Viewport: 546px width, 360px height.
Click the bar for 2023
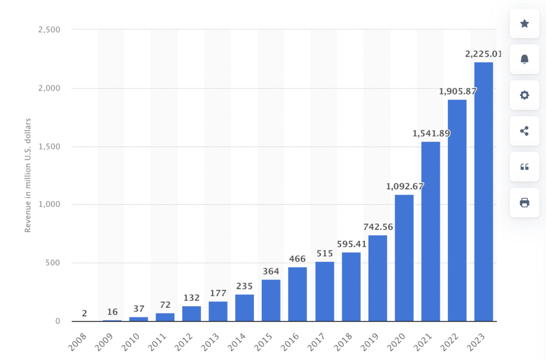(484, 192)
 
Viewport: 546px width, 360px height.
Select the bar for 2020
(404, 258)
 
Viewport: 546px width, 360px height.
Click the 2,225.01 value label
(483, 53)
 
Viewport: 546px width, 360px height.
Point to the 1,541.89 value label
(431, 133)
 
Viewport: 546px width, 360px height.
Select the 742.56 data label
(378, 227)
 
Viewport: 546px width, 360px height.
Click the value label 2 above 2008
(85, 313)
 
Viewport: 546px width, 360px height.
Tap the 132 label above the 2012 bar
(191, 298)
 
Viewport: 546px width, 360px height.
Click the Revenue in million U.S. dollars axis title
(28, 175)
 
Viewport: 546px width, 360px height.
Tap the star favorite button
(524, 23)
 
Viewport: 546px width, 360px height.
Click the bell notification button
(524, 59)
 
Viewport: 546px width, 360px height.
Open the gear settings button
(524, 95)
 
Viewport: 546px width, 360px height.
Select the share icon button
(524, 131)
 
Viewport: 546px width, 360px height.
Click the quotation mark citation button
(524, 166)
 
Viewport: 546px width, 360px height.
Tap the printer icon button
(524, 202)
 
